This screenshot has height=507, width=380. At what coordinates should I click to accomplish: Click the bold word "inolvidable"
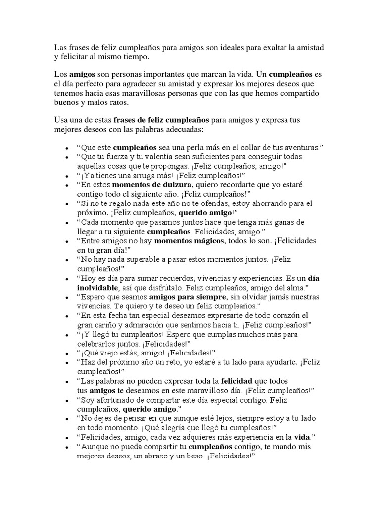[x=98, y=287]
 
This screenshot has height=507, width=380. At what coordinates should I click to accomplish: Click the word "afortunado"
[x=118, y=399]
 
